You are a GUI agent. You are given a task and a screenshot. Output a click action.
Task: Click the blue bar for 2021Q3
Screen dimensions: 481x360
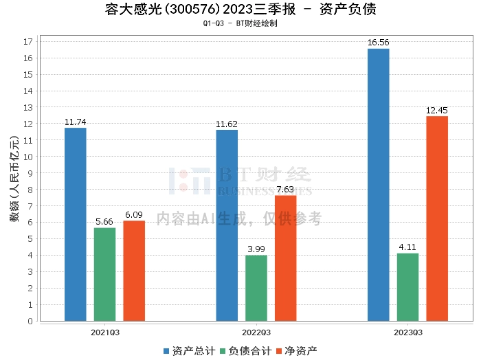tap(76, 225)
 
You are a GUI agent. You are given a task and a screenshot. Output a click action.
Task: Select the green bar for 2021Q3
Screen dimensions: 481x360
tap(105, 274)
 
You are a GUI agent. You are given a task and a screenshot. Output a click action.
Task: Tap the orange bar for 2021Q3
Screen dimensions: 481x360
tap(134, 271)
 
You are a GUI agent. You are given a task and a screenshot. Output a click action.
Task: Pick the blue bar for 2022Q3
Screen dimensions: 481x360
tap(227, 225)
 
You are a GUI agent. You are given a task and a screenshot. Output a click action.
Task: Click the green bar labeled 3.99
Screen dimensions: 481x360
tap(256, 289)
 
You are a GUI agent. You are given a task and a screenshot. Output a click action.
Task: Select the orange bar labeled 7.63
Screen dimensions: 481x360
tap(286, 258)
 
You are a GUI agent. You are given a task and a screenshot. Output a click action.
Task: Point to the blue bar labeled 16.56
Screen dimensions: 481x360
tap(379, 185)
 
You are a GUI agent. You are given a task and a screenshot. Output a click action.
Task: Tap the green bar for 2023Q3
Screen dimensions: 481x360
tap(407, 287)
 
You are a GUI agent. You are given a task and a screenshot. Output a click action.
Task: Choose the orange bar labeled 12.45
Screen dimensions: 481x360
tap(437, 218)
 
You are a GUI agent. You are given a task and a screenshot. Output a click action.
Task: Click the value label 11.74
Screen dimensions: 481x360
tap(76, 122)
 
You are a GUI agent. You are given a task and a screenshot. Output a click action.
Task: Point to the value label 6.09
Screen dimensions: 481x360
tap(134, 214)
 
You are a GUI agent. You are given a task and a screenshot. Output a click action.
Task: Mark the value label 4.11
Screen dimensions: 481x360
tap(407, 247)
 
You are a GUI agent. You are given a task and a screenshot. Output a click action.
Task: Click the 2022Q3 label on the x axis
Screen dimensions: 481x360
tap(256, 333)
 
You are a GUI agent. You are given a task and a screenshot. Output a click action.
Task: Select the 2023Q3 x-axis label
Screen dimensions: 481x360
tap(408, 333)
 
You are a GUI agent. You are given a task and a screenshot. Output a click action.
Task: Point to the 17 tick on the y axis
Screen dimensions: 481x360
tap(28, 42)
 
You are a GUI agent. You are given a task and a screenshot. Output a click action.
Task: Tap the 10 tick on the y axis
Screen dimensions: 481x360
tap(28, 157)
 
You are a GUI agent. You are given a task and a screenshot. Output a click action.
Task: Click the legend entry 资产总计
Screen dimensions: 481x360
tap(189, 351)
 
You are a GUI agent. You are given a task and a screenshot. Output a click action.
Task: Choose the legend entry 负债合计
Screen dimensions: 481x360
tap(246, 351)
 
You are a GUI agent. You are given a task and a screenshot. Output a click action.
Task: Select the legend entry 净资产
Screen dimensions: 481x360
tap(297, 351)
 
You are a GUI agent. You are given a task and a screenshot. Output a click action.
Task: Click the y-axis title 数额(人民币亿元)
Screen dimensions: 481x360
tap(14, 179)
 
